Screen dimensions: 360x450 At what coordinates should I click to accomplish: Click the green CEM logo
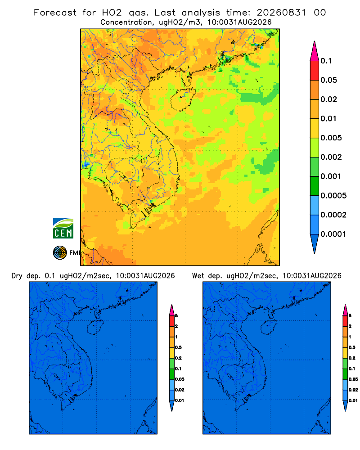tap(63, 228)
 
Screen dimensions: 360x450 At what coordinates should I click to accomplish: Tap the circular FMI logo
tap(60, 252)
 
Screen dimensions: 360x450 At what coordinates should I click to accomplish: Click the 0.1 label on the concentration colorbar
tap(326, 61)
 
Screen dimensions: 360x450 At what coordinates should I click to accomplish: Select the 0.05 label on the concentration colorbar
tap(328, 80)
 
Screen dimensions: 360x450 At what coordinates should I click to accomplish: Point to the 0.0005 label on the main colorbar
tap(333, 195)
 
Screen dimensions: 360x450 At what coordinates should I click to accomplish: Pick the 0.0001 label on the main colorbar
tap(333, 234)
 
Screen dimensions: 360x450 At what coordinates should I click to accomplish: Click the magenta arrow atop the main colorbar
tap(315, 51)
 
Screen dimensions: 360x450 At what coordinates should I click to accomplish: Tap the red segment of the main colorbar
tap(315, 70)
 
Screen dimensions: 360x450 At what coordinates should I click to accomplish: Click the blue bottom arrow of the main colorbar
tap(315, 244)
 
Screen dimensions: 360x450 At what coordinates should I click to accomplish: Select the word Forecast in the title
tap(55, 13)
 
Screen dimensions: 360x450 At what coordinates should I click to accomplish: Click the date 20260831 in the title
tap(281, 13)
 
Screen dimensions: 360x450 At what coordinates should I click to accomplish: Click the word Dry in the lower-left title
tap(17, 276)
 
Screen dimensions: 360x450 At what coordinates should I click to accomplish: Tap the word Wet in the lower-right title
tap(198, 276)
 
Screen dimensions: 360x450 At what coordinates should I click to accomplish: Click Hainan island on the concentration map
tap(183, 99)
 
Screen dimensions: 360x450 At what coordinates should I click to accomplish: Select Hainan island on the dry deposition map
tap(95, 328)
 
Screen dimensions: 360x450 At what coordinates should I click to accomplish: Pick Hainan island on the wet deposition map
tap(269, 328)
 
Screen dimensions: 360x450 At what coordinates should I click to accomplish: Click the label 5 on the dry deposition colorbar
tap(176, 316)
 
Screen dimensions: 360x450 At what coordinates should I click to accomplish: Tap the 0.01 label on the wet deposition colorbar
tap(353, 400)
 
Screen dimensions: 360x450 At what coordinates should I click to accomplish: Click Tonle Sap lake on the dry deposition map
tap(57, 376)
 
